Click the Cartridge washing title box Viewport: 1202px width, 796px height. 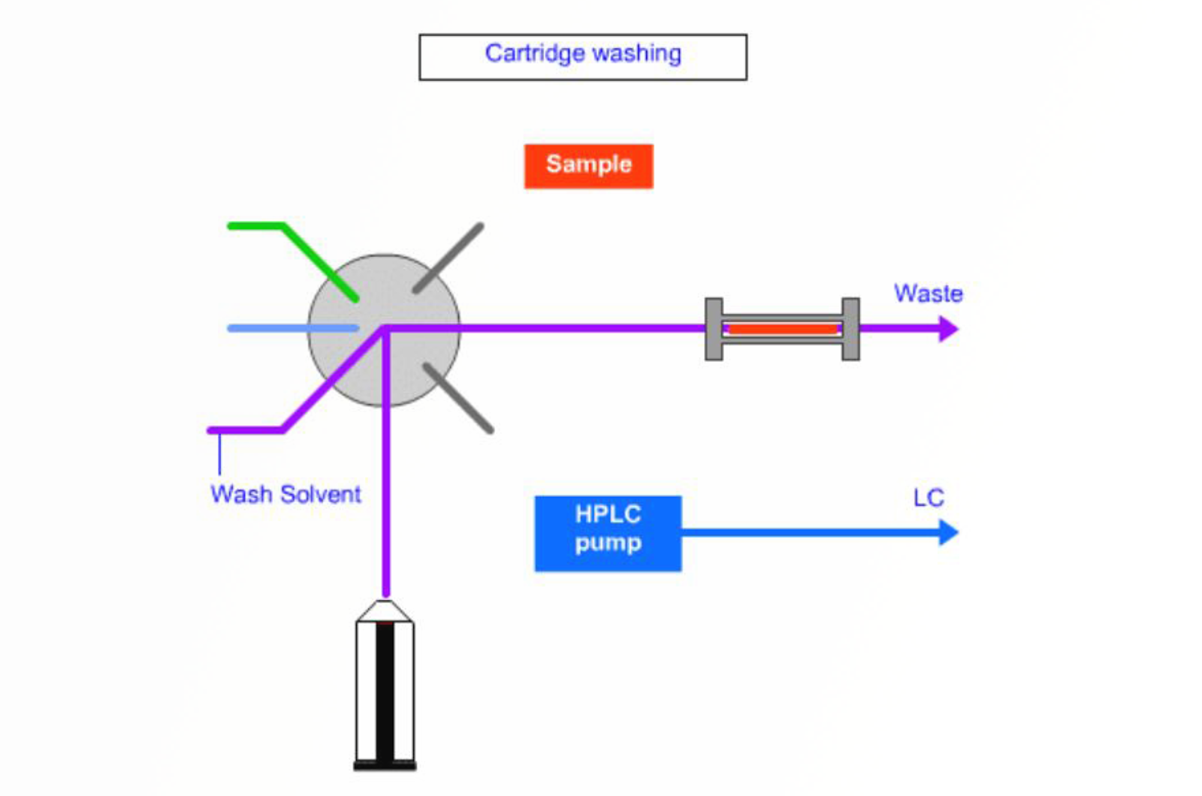(583, 56)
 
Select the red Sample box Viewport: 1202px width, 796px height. (588, 166)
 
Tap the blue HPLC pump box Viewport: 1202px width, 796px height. (608, 533)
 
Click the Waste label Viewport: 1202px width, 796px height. (928, 293)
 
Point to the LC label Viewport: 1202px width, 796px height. (929, 498)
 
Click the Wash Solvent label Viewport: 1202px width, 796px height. (285, 494)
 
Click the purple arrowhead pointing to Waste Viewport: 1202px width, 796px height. (949, 329)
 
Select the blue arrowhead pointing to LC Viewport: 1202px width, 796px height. (949, 532)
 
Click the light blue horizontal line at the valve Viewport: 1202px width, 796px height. (293, 328)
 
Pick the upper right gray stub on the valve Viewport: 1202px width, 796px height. (448, 258)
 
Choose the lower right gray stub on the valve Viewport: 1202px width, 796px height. (458, 398)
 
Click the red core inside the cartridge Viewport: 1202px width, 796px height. (782, 329)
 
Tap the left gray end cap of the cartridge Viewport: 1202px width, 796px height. (714, 329)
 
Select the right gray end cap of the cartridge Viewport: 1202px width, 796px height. (850, 329)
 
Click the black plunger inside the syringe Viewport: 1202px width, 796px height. (385, 691)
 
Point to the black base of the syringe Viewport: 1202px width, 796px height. (385, 766)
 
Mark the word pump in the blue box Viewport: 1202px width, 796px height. (608, 544)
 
